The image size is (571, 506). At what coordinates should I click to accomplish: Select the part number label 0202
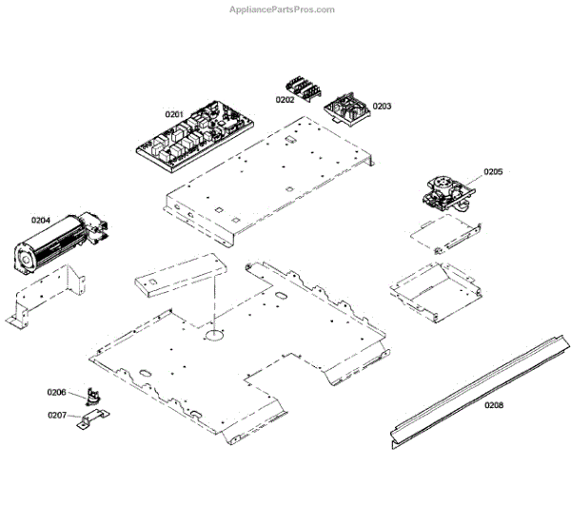285,100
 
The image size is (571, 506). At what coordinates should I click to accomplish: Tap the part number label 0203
382,107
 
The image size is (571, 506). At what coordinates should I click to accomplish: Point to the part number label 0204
40,221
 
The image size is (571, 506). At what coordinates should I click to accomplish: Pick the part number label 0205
492,172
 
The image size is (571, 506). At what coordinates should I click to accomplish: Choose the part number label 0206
57,392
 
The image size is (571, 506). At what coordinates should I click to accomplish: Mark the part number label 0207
57,415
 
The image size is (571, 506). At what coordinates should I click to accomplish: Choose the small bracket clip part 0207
92,419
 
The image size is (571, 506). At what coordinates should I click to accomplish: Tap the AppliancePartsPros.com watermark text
283,10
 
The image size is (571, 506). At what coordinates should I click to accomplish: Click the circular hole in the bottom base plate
213,334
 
